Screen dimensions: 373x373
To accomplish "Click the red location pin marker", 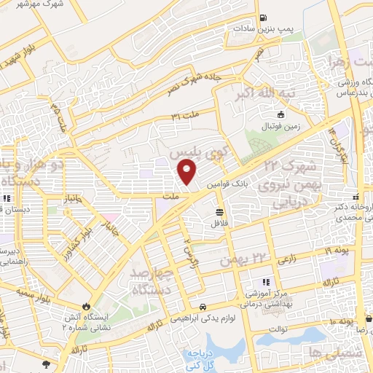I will (x=187, y=173).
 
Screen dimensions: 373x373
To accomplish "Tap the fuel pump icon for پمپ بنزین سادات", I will (x=263, y=18).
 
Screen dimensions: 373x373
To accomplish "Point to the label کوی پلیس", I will (x=195, y=155).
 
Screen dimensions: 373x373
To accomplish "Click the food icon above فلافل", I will (x=219, y=212).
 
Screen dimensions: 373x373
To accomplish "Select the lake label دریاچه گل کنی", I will (x=219, y=354).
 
